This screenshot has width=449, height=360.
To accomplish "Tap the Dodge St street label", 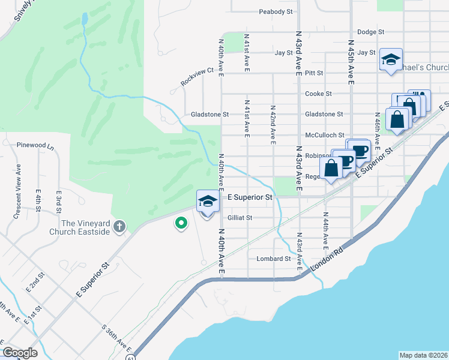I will tap(370, 32).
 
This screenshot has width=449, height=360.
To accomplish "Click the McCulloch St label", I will tap(324, 136).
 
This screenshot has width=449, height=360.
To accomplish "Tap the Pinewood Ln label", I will tap(35, 145).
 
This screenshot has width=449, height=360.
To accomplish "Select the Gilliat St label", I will tap(240, 218).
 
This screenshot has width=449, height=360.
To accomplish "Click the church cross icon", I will tap(119, 226).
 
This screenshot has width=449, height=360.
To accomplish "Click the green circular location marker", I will tap(180, 224).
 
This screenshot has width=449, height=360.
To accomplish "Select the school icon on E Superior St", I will tap(208, 201).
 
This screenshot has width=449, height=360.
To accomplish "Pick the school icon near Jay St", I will tap(391, 59).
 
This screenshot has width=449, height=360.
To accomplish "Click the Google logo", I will tap(20, 353).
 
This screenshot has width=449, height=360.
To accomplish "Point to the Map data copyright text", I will tap(423, 355).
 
